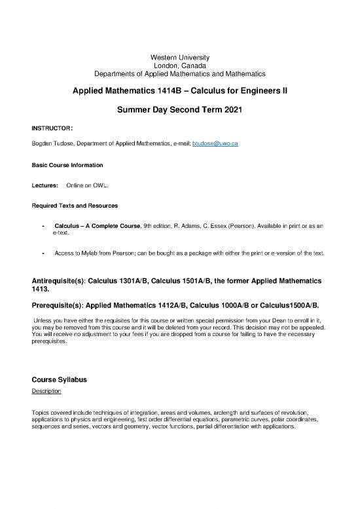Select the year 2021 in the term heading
pos(229,111)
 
